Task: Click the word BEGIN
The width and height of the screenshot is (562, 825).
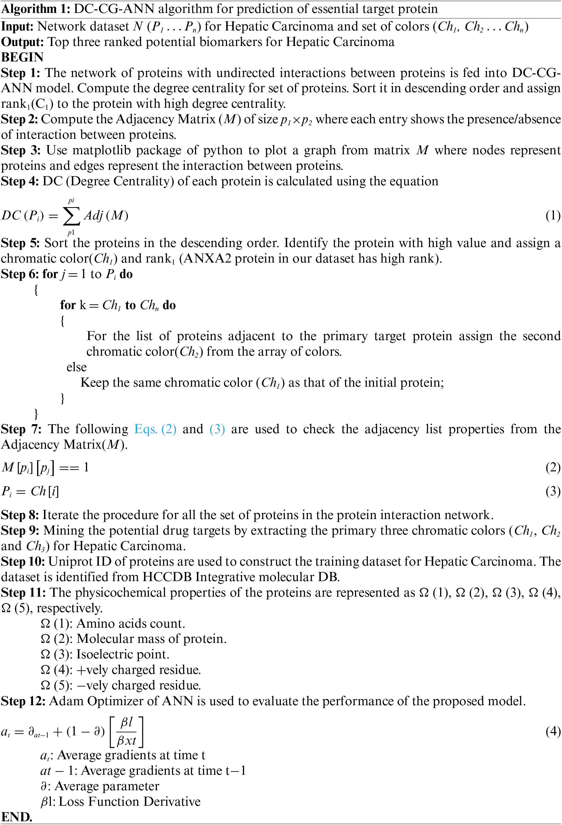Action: pyautogui.click(x=22, y=57)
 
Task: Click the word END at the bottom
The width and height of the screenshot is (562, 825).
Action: pyautogui.click(x=16, y=817)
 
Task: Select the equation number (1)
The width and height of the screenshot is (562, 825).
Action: pyautogui.click(x=553, y=215)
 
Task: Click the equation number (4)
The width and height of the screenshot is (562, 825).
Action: pyautogui.click(x=553, y=731)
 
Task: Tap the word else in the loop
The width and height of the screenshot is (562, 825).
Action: pyautogui.click(x=76, y=367)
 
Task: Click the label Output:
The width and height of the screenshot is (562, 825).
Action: pyautogui.click(x=23, y=42)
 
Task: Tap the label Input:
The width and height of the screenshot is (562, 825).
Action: pyautogui.click(x=18, y=26)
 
